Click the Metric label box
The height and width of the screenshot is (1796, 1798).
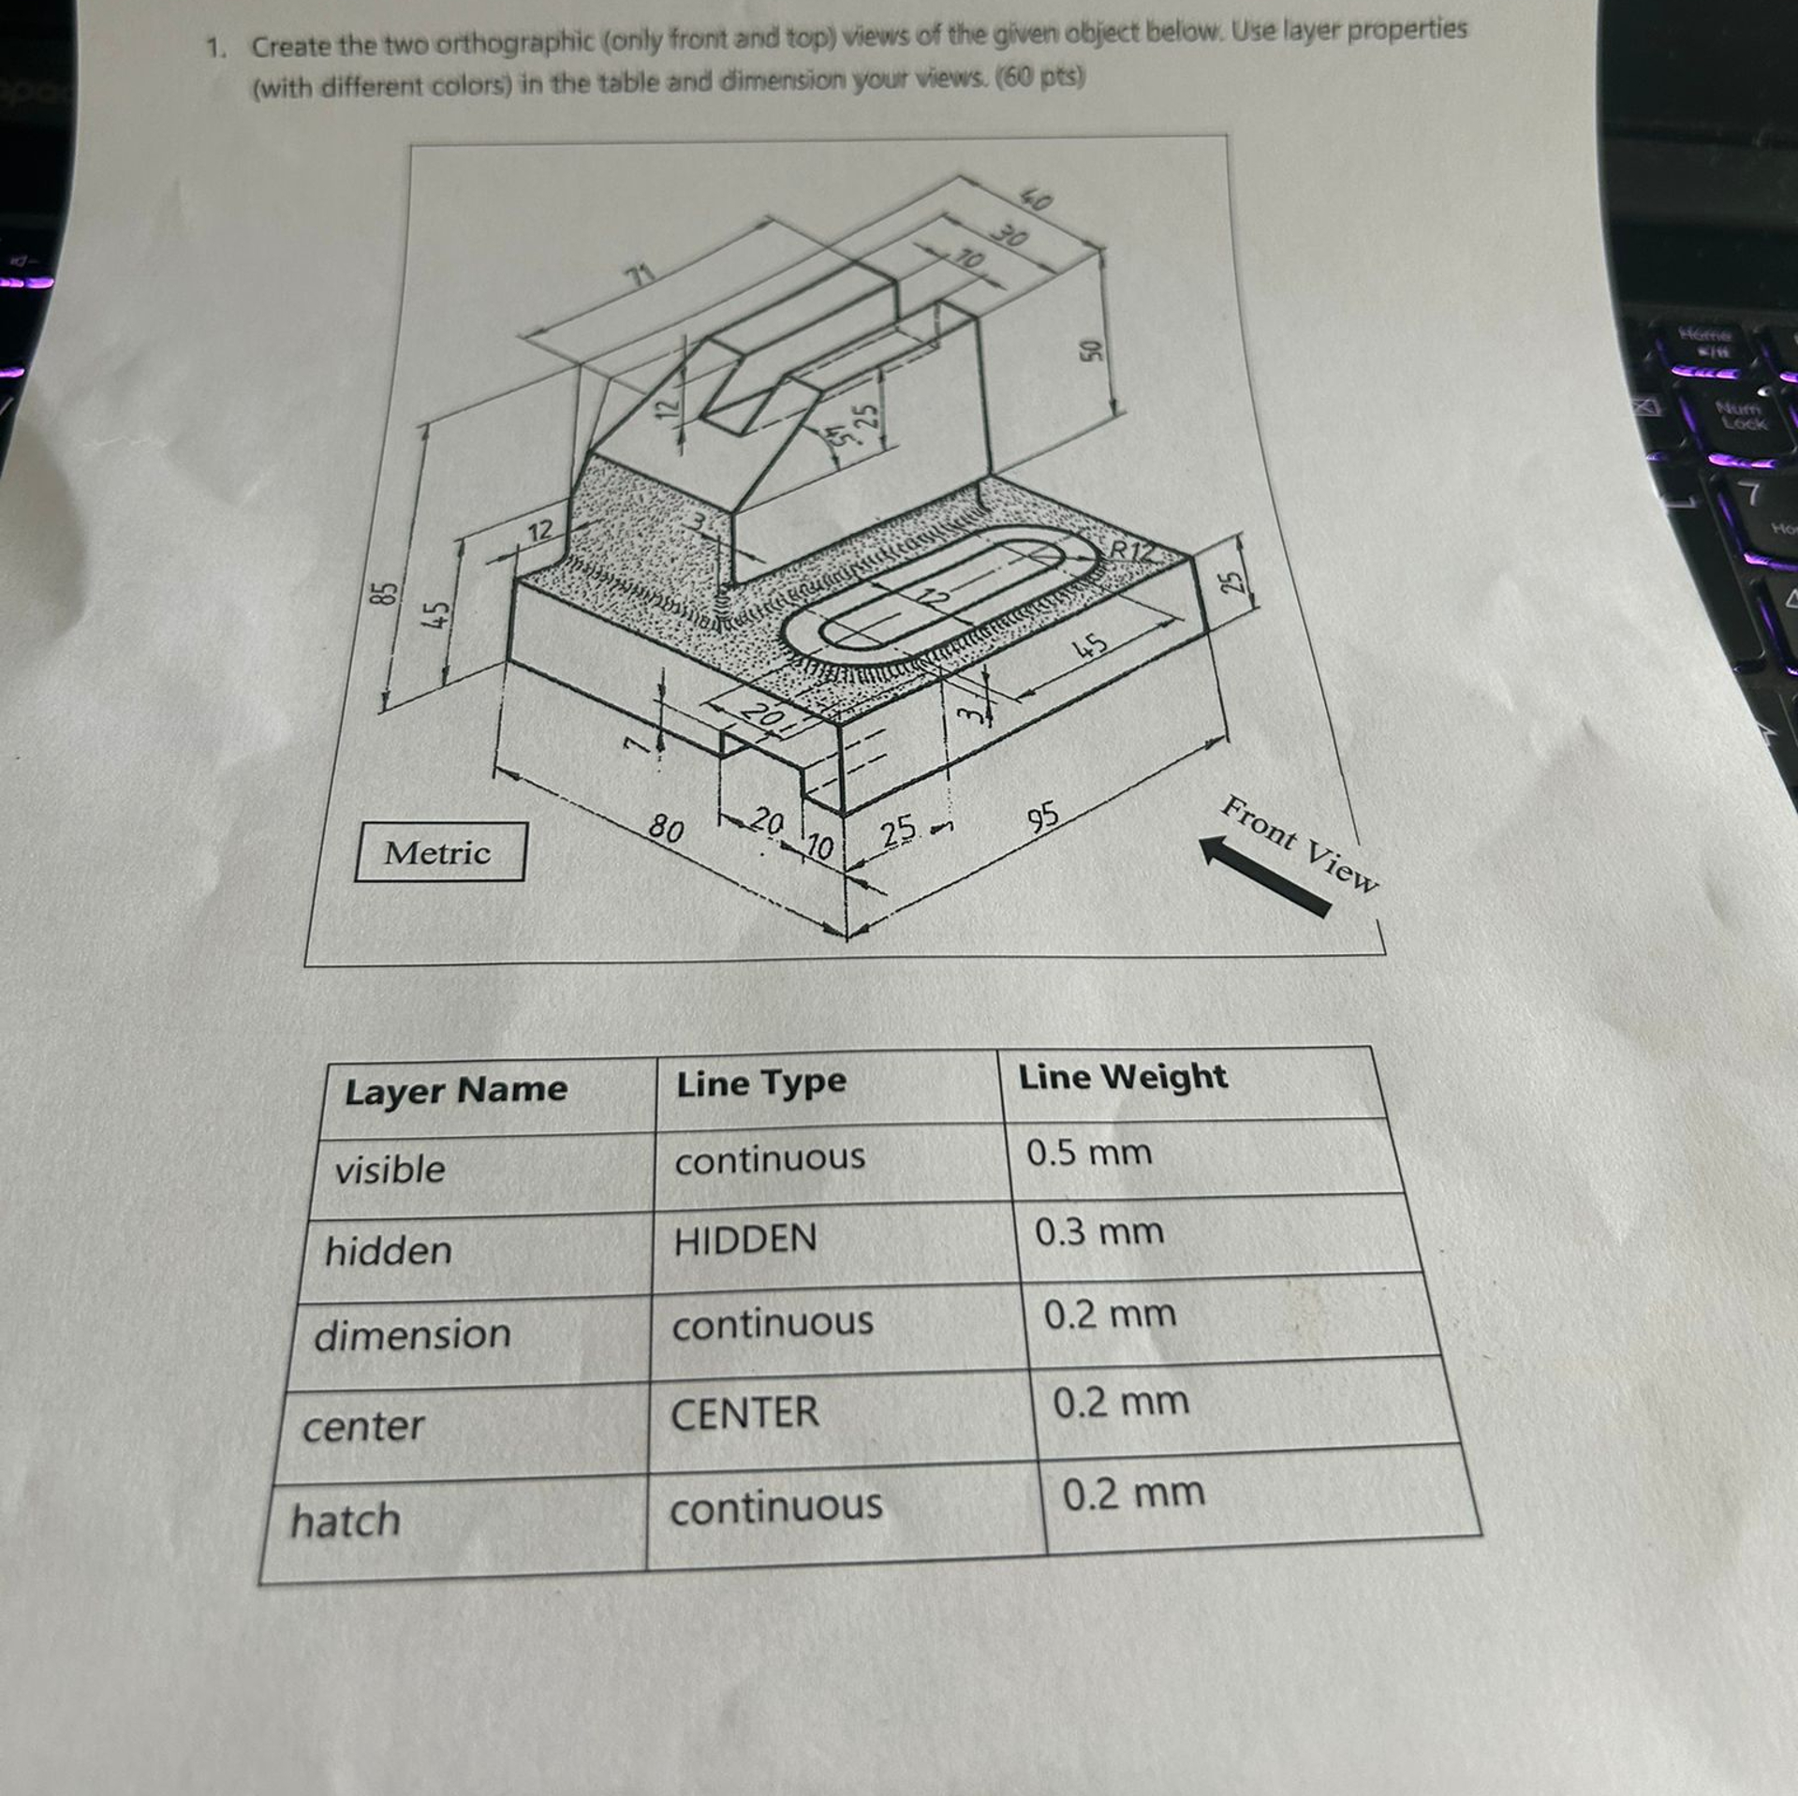tap(439, 851)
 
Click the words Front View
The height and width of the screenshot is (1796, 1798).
tap(1301, 843)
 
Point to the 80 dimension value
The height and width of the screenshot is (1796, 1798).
tap(667, 828)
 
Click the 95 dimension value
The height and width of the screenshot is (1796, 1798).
tap(1043, 816)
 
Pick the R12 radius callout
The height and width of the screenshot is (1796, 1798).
tap(1132, 549)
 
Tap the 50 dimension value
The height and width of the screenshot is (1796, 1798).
tap(1089, 350)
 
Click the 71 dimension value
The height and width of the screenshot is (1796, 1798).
tap(640, 275)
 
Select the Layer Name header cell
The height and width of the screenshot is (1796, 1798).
tap(456, 1090)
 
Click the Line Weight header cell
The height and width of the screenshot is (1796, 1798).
tap(1122, 1077)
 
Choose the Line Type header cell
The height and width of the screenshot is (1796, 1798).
tap(760, 1083)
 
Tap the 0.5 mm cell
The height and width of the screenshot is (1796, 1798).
tap(1089, 1153)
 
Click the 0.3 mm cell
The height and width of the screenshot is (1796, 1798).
tap(1099, 1231)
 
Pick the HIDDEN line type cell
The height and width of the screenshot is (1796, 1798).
tap(745, 1240)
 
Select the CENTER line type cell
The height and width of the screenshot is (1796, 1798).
tap(744, 1412)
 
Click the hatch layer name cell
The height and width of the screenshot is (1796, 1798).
tap(346, 1519)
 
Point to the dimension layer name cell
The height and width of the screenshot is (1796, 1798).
tap(412, 1334)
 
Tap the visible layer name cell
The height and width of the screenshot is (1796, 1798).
tap(390, 1170)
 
